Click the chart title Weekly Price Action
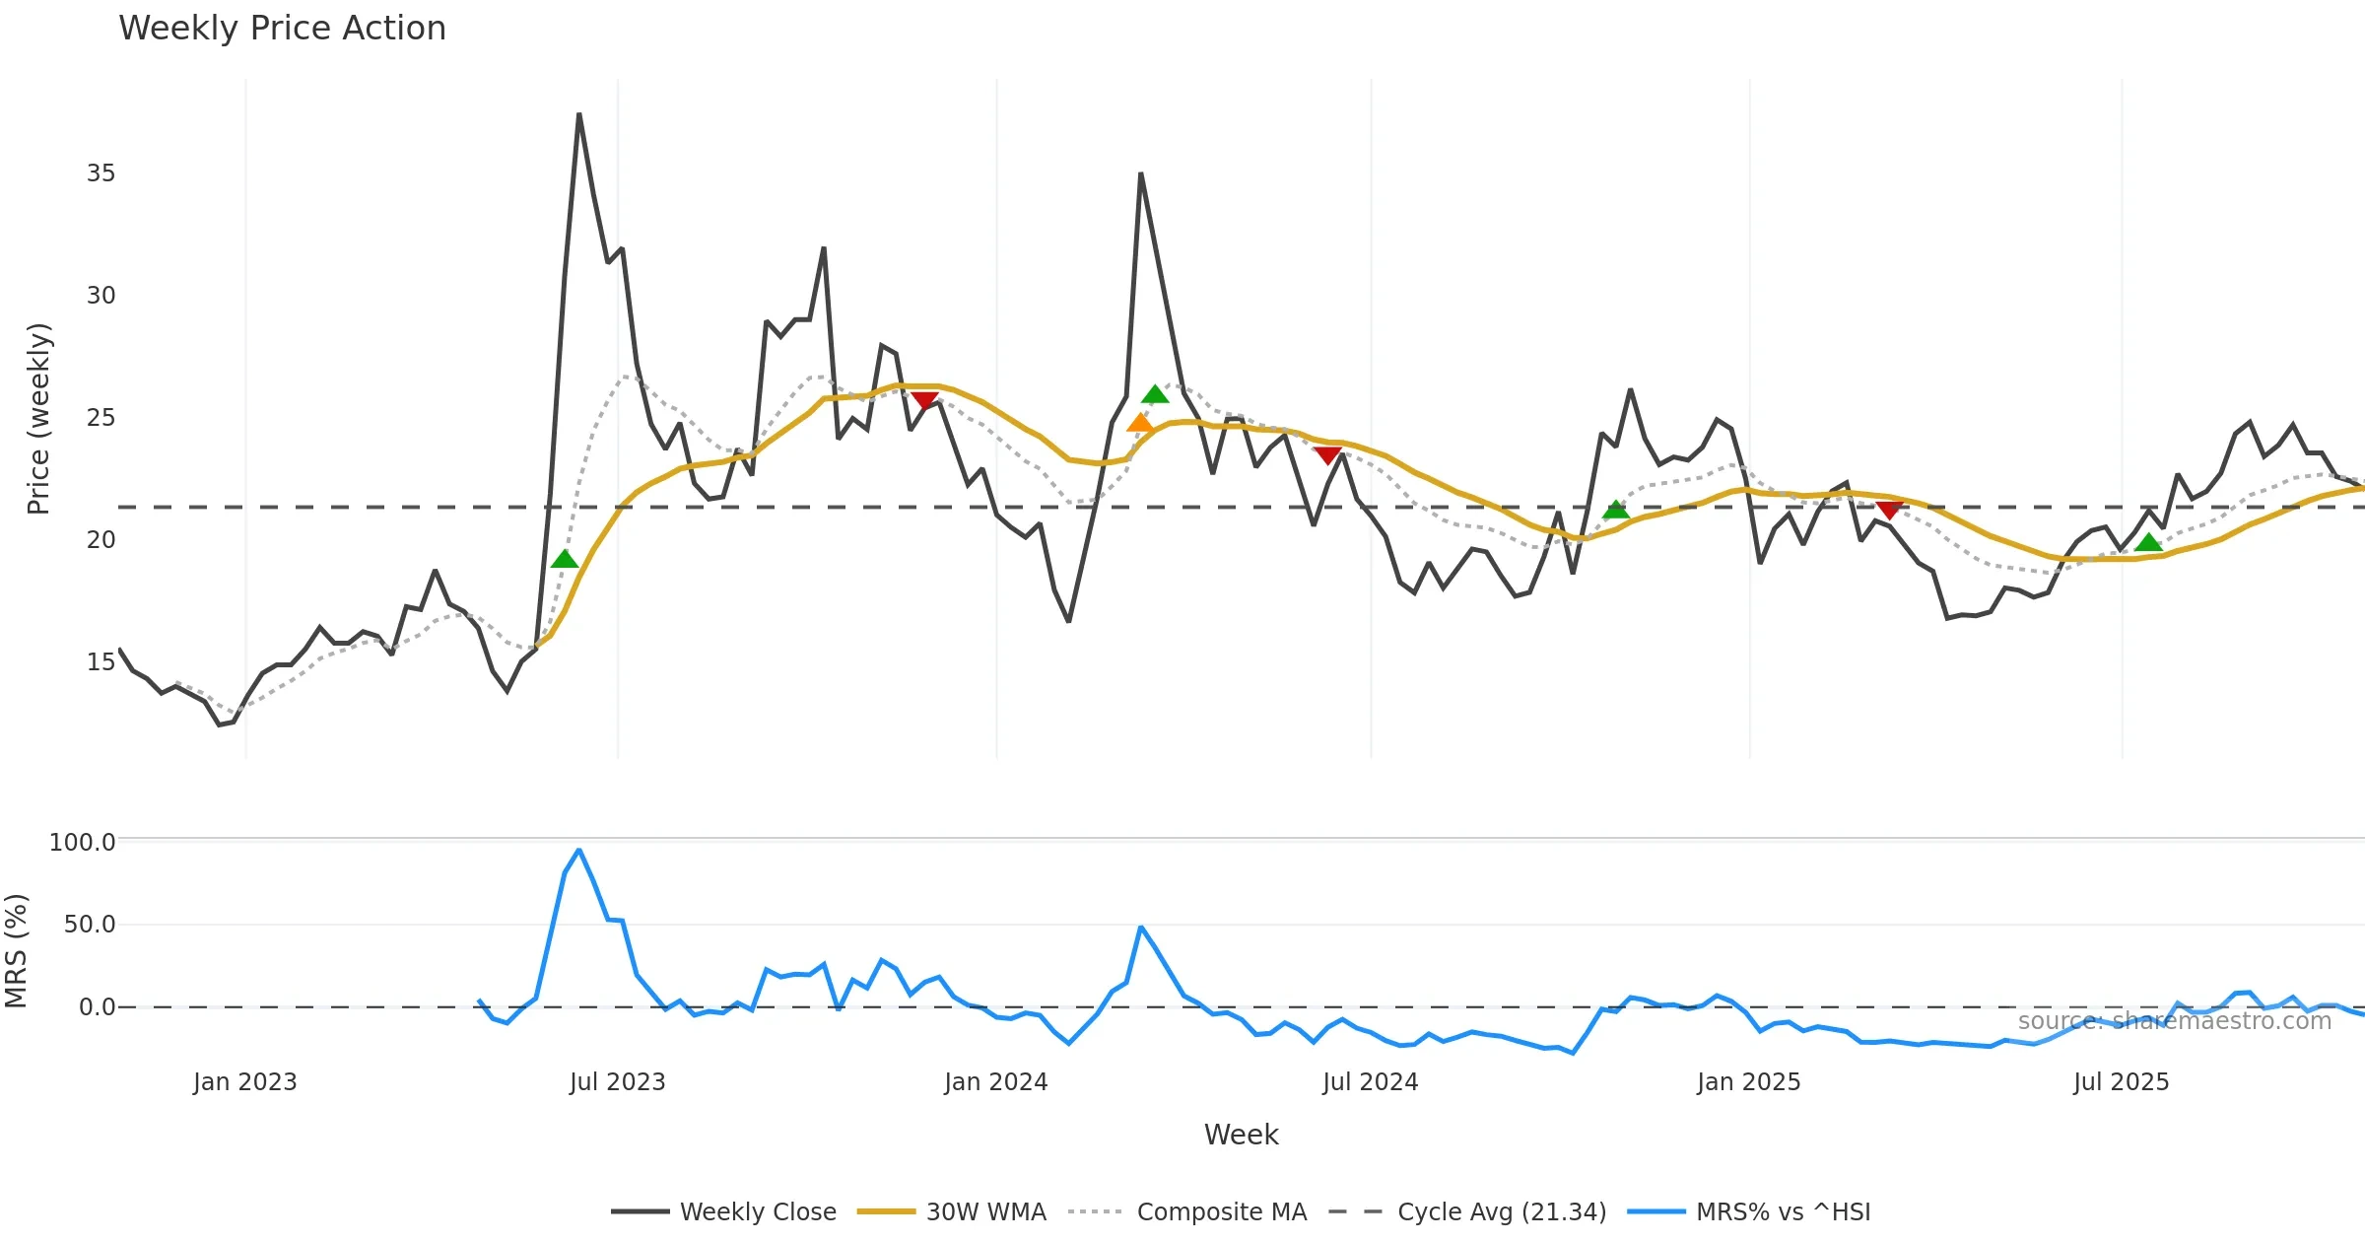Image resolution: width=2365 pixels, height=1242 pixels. click(282, 29)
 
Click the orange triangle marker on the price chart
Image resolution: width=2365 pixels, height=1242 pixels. click(1140, 424)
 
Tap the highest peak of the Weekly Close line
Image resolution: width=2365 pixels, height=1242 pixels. click(579, 115)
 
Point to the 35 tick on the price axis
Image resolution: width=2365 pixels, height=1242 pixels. click(101, 173)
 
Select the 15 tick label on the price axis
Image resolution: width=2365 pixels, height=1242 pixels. click(101, 661)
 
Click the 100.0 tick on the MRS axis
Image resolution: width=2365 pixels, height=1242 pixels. click(82, 842)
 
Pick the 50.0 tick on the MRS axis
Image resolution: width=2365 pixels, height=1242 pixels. click(89, 925)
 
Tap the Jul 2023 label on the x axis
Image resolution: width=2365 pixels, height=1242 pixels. click(618, 1082)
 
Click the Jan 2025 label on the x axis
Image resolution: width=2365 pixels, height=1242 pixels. click(1749, 1082)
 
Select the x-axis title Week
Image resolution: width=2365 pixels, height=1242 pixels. click(1241, 1135)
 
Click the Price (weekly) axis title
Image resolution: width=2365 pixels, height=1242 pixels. click(38, 419)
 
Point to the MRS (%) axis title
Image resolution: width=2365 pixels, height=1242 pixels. click(16, 951)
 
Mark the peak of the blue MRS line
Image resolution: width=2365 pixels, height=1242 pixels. click(579, 850)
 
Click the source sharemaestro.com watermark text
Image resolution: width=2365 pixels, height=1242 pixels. click(2174, 1021)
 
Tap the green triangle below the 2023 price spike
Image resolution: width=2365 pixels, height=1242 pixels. click(565, 560)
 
